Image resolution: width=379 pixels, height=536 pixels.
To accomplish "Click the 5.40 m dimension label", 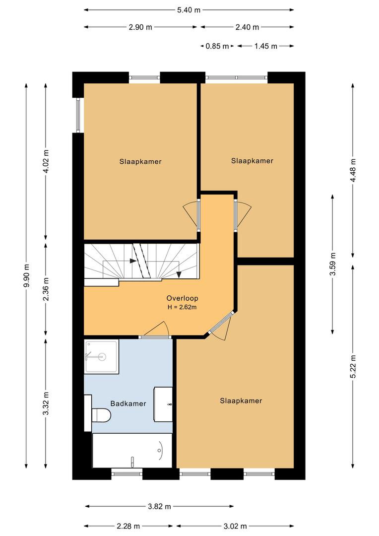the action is click(189, 10).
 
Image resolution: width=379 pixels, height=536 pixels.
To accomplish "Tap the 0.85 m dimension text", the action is click(217, 46).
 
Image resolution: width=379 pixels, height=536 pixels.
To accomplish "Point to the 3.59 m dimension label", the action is click(333, 264).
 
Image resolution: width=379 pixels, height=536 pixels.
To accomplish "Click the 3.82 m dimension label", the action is click(159, 506).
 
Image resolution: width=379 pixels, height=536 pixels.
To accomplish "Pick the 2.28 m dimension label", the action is click(128, 526).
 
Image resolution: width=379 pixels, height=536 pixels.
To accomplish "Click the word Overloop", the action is click(182, 298).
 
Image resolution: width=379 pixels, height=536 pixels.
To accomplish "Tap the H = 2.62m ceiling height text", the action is click(182, 307).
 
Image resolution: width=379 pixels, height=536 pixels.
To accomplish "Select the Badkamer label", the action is click(128, 403).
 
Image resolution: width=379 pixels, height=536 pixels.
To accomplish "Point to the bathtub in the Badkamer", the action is click(132, 451).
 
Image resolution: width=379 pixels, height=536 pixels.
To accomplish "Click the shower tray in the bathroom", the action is click(102, 356).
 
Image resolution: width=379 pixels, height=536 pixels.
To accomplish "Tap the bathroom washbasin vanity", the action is click(163, 404).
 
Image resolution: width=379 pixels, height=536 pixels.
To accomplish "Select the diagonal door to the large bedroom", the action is click(221, 324).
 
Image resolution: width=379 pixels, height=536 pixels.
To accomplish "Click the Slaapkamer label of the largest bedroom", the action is click(241, 401).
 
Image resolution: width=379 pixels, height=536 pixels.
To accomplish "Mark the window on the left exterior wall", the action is click(78, 115).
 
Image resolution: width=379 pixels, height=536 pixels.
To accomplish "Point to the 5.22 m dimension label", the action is click(353, 366).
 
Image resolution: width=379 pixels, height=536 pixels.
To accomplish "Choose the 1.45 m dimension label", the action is click(265, 46).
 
